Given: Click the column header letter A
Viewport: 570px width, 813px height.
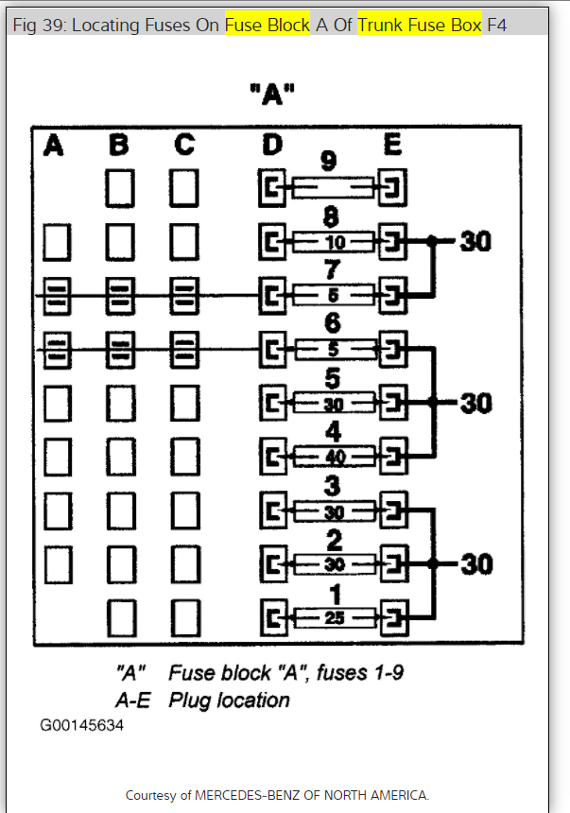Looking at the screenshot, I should tap(54, 146).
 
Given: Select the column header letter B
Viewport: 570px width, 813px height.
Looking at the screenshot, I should tap(118, 146).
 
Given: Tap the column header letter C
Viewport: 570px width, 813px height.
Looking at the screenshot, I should tap(183, 146).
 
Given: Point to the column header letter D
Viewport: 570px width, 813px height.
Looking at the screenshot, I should tap(272, 146).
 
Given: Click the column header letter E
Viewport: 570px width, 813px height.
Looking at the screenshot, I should tap(392, 146).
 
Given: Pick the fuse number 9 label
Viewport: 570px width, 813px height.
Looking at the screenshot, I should tap(329, 160).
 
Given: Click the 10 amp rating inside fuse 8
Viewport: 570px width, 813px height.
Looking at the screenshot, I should tap(336, 242).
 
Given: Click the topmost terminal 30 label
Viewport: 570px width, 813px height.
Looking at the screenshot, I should tap(475, 242).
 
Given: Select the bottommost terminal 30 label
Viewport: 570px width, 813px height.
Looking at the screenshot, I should tap(475, 564).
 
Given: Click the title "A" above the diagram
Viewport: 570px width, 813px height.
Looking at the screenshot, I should tap(274, 95).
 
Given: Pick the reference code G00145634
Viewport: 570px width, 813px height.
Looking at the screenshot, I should tap(81, 725).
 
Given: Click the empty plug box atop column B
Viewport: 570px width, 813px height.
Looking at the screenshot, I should tap(119, 187).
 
